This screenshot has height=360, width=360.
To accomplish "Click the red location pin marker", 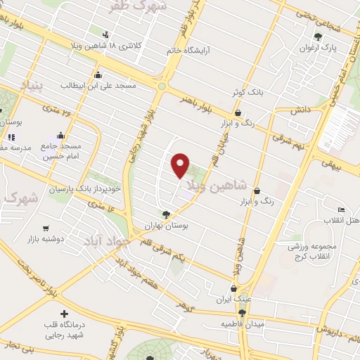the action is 181,166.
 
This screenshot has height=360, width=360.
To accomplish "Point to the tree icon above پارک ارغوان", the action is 319,36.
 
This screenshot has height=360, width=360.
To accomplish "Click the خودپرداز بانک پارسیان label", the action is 85,188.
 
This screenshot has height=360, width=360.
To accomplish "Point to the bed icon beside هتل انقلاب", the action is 342,210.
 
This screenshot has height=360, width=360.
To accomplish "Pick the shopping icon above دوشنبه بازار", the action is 46,228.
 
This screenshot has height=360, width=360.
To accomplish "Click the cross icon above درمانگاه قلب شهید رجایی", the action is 65,314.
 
